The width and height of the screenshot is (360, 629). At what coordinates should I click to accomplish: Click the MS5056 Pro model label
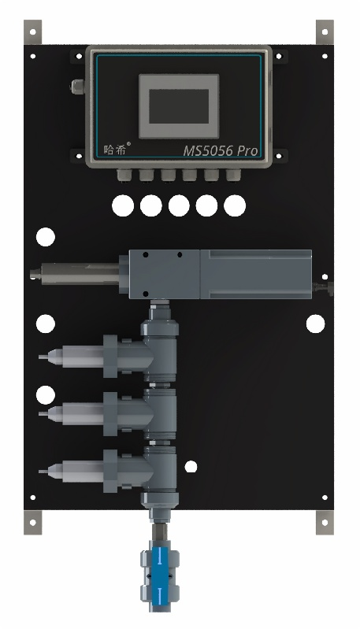[220, 151]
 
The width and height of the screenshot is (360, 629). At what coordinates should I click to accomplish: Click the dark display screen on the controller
[179, 106]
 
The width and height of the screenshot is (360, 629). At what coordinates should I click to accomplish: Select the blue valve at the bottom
[159, 576]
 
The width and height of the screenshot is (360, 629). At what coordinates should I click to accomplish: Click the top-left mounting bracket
[32, 32]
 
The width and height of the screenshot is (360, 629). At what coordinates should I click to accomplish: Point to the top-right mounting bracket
[325, 32]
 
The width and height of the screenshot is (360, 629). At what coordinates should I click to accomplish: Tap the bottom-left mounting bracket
[32, 522]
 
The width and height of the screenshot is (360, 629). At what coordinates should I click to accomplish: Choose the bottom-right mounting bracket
[325, 522]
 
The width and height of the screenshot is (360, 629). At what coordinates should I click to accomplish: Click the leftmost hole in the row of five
[123, 205]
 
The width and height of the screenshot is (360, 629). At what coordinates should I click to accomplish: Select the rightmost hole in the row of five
[235, 205]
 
